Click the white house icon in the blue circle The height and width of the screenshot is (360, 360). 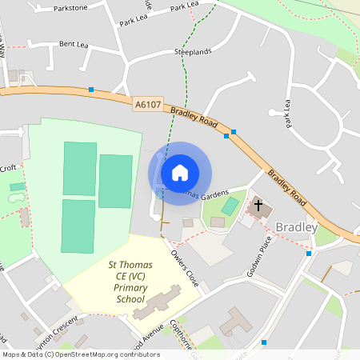(180, 172)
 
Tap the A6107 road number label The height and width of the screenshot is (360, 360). (147, 104)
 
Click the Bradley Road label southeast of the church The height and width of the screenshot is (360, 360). (286, 186)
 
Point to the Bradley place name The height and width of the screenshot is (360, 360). (297, 227)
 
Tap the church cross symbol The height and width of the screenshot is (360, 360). (258, 206)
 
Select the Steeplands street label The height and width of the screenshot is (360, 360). (193, 51)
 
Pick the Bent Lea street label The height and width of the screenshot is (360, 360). (73, 44)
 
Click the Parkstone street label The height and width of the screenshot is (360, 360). (70, 8)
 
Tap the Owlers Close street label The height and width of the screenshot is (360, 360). (184, 267)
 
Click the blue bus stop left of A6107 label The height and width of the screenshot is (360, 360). (92, 89)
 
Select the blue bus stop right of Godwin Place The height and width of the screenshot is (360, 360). (309, 254)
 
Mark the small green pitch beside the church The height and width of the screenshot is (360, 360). (229, 206)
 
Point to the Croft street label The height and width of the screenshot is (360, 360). (8, 168)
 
